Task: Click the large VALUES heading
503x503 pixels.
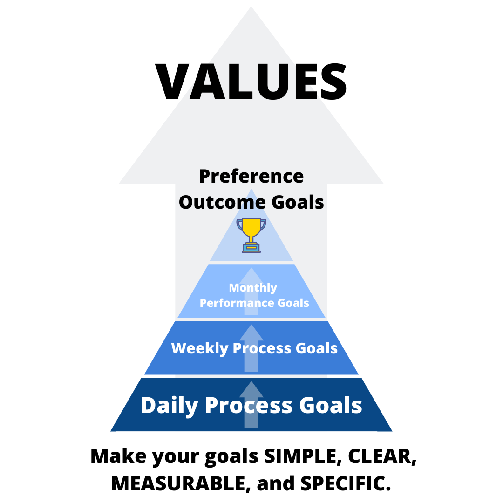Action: [x=251, y=82]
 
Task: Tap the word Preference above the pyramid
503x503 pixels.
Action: [x=251, y=177]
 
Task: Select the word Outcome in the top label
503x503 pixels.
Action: [x=222, y=203]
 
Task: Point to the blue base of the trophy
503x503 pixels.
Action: [x=251, y=248]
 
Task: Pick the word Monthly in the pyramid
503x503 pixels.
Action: [x=253, y=288]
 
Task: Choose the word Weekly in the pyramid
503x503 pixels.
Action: [x=199, y=349]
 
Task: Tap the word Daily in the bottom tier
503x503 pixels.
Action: [x=169, y=406]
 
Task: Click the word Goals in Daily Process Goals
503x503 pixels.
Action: [x=331, y=405]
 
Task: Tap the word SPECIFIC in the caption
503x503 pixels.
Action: [x=346, y=483]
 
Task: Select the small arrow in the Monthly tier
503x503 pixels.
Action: [x=251, y=291]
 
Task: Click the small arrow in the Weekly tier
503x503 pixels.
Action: [x=251, y=348]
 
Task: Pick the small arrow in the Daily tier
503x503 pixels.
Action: [x=251, y=405]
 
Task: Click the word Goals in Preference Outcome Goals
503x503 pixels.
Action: [x=298, y=203]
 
